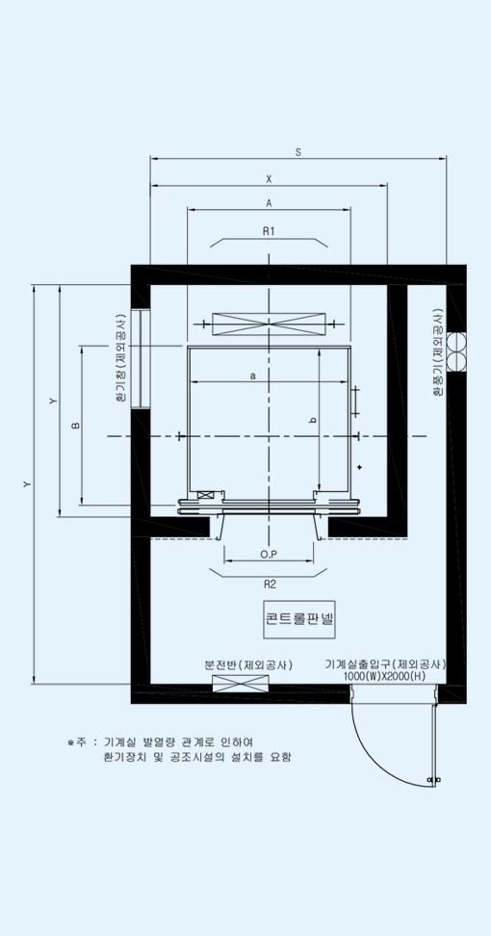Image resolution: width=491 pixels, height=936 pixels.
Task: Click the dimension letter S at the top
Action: (298, 152)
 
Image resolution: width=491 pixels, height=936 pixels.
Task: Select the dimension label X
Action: (269, 178)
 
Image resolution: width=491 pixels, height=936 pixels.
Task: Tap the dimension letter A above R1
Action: (269, 203)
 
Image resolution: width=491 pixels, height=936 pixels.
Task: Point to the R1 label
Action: (269, 232)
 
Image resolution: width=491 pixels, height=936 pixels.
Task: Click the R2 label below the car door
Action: (271, 584)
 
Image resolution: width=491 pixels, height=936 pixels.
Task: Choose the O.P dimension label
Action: (269, 555)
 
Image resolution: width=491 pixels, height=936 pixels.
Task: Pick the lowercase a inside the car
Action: (253, 376)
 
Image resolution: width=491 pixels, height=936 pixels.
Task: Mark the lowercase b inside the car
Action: (313, 420)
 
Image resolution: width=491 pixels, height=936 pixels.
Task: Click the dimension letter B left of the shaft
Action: (76, 425)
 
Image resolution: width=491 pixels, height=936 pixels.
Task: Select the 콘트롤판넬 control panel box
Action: (298, 618)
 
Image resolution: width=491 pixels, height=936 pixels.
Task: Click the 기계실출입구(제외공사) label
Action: (386, 664)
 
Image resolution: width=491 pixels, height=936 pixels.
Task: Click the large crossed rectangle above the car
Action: (269, 324)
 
